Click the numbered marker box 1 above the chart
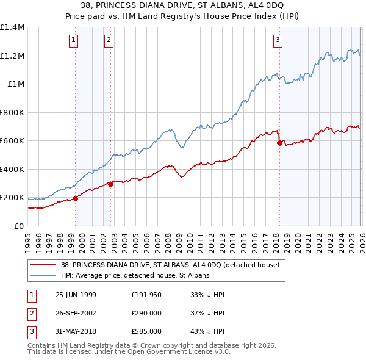pos(74,41)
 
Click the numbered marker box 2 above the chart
pos(109,41)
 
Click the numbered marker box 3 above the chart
pos(278,41)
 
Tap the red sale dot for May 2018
pos(279,143)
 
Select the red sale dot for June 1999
pos(76,198)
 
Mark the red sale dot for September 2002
pos(110,184)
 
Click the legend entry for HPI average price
pos(135,275)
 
